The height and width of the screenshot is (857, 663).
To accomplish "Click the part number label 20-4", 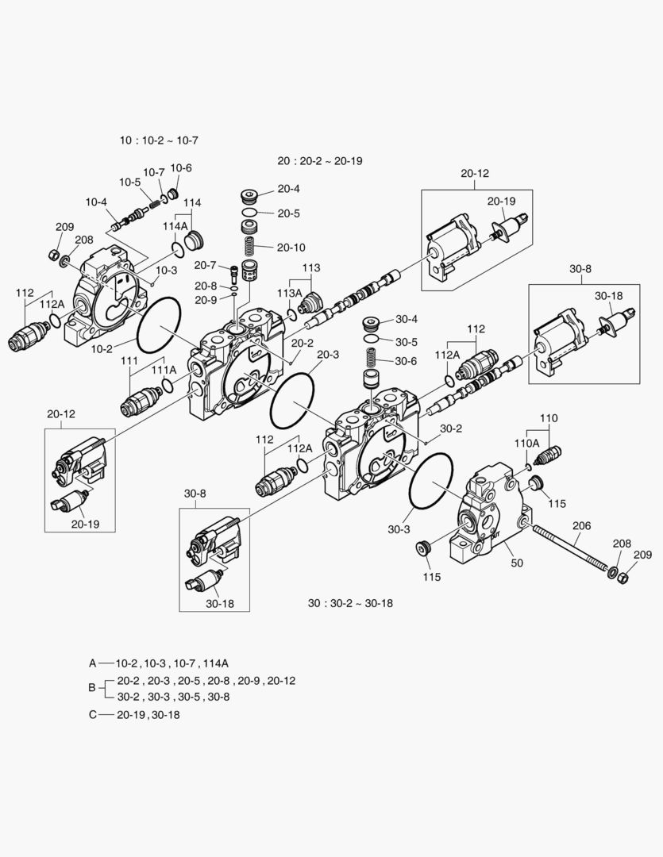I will point(288,189).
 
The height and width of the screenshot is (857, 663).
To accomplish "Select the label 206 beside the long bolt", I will point(582,525).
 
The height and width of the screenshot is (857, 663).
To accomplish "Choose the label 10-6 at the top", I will point(180,167).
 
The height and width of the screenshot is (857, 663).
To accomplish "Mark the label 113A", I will point(288,293).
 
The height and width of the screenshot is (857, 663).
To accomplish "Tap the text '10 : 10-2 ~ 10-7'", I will point(159,140).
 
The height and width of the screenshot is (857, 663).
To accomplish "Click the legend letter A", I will point(92,663).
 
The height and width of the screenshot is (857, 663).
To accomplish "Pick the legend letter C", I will point(92,714).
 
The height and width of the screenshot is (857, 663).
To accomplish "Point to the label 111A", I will point(164,370).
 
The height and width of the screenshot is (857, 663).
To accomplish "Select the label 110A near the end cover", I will point(526,443).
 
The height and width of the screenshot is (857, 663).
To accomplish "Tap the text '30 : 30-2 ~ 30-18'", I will point(350,603).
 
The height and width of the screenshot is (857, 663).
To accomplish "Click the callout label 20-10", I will point(291,247).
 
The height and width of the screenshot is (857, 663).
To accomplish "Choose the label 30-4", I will point(406,319).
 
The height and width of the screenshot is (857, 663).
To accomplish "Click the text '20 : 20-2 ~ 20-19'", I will point(320,160).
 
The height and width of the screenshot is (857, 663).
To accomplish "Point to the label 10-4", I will point(96,202).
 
